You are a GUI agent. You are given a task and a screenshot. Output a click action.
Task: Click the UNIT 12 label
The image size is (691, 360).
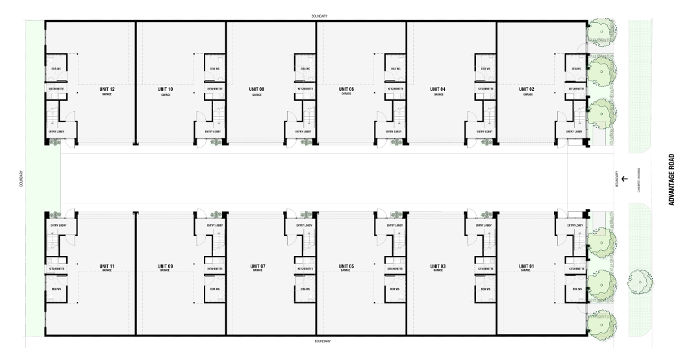coord(108,89)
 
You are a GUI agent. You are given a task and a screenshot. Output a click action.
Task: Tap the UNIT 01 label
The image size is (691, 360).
coord(527,265)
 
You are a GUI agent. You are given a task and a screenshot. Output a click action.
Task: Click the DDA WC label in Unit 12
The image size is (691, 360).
coord(56,69)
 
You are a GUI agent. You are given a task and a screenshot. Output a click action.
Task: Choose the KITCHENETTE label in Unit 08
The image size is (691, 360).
coord(305,88)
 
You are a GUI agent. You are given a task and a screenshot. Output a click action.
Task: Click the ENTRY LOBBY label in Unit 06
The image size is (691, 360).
coord(394,131)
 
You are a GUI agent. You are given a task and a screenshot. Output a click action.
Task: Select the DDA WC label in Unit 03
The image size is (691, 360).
coord(484,288)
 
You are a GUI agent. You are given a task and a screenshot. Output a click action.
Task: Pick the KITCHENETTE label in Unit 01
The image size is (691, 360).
coord(575,268)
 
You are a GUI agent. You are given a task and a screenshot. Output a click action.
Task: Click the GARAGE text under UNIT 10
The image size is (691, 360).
coord(166,95)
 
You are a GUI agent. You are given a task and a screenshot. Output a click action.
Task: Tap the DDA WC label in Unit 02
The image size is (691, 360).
coord(575,69)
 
